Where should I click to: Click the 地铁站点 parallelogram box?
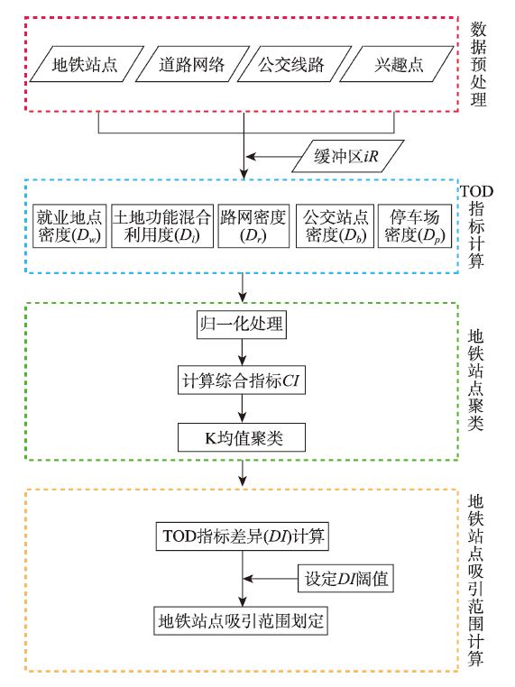click(x=87, y=64)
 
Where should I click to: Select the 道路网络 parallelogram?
click(x=192, y=64)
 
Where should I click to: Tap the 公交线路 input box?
click(x=294, y=64)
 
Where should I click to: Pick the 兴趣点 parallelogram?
click(x=397, y=64)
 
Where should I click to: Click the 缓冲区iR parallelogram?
click(x=348, y=156)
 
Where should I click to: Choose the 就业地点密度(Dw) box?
click(x=69, y=226)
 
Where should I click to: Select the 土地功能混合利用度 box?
click(x=162, y=226)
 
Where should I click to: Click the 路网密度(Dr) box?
click(x=253, y=226)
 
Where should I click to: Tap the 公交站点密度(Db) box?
click(x=336, y=226)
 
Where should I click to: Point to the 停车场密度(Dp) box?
click(x=415, y=226)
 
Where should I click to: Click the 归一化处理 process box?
click(x=242, y=325)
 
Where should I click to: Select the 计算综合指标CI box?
click(x=242, y=380)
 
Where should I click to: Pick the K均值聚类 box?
click(x=242, y=437)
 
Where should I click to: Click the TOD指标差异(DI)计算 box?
click(x=243, y=536)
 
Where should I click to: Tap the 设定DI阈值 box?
click(x=345, y=579)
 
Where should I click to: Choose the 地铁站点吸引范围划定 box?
click(x=241, y=621)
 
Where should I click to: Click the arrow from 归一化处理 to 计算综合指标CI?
click(x=243, y=353)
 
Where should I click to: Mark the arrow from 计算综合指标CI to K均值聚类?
click(x=243, y=408)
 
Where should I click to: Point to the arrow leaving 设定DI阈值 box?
click(x=271, y=579)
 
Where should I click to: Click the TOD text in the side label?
click(x=476, y=191)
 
